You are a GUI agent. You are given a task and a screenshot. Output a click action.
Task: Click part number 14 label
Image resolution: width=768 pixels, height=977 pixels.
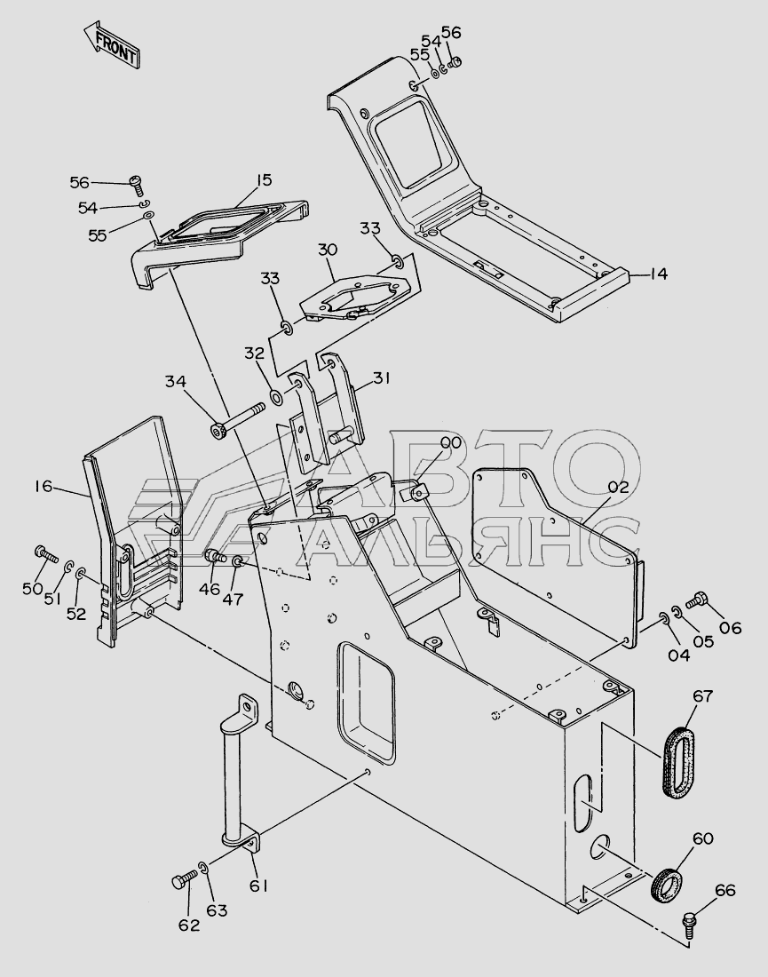[658, 274]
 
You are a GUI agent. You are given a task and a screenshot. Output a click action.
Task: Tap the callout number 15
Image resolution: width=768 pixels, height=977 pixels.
[263, 180]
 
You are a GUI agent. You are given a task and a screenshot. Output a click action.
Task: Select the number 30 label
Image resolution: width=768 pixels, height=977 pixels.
[328, 251]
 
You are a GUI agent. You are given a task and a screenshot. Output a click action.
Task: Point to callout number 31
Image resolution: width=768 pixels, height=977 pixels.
[381, 377]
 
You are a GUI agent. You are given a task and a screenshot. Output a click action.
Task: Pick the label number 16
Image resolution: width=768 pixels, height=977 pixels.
[44, 486]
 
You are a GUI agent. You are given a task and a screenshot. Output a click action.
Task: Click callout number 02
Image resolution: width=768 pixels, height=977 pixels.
[618, 487]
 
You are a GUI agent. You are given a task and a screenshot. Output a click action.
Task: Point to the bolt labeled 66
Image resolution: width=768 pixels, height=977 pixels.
[692, 920]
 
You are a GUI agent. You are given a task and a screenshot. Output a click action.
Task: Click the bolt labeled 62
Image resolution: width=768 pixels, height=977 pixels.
[180, 883]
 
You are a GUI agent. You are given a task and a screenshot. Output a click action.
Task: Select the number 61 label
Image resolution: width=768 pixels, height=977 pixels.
[258, 886]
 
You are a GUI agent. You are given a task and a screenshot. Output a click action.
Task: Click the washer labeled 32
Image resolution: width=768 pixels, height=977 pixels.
[277, 395]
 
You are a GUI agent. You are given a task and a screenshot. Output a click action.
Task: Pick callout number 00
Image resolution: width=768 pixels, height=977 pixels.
[450, 442]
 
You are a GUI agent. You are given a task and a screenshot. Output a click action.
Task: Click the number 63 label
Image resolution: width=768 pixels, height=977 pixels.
[217, 910]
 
